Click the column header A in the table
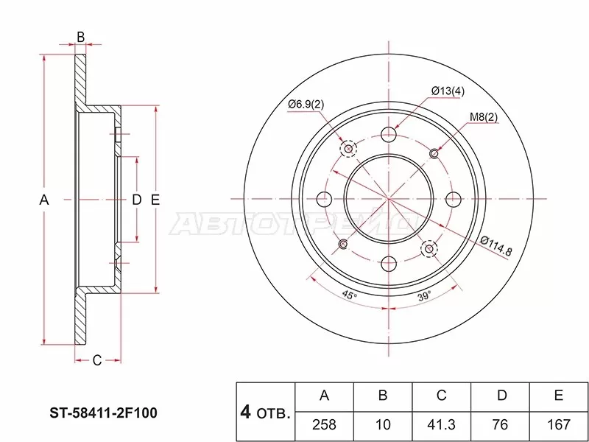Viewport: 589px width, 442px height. point(324,396)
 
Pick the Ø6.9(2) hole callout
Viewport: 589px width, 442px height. point(306,103)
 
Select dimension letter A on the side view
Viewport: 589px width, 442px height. point(43,200)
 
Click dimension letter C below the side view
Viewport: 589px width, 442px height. point(96,359)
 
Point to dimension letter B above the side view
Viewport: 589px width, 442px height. point(81,37)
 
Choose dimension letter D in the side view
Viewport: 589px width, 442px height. point(136,200)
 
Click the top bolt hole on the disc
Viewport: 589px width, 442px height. point(389,135)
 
